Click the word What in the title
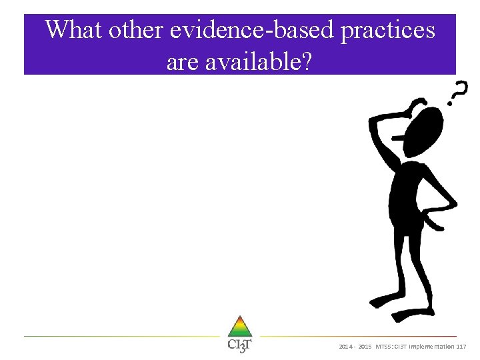pyautogui.click(x=74, y=30)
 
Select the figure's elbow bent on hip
pyautogui.click(x=453, y=200)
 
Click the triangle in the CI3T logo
pyautogui.click(x=239, y=327)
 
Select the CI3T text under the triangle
pyautogui.click(x=239, y=345)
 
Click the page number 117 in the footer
pyautogui.click(x=461, y=347)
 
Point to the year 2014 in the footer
pyautogui.click(x=346, y=347)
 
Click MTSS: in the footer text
pyautogui.click(x=385, y=347)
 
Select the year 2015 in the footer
pyautogui.click(x=365, y=347)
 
